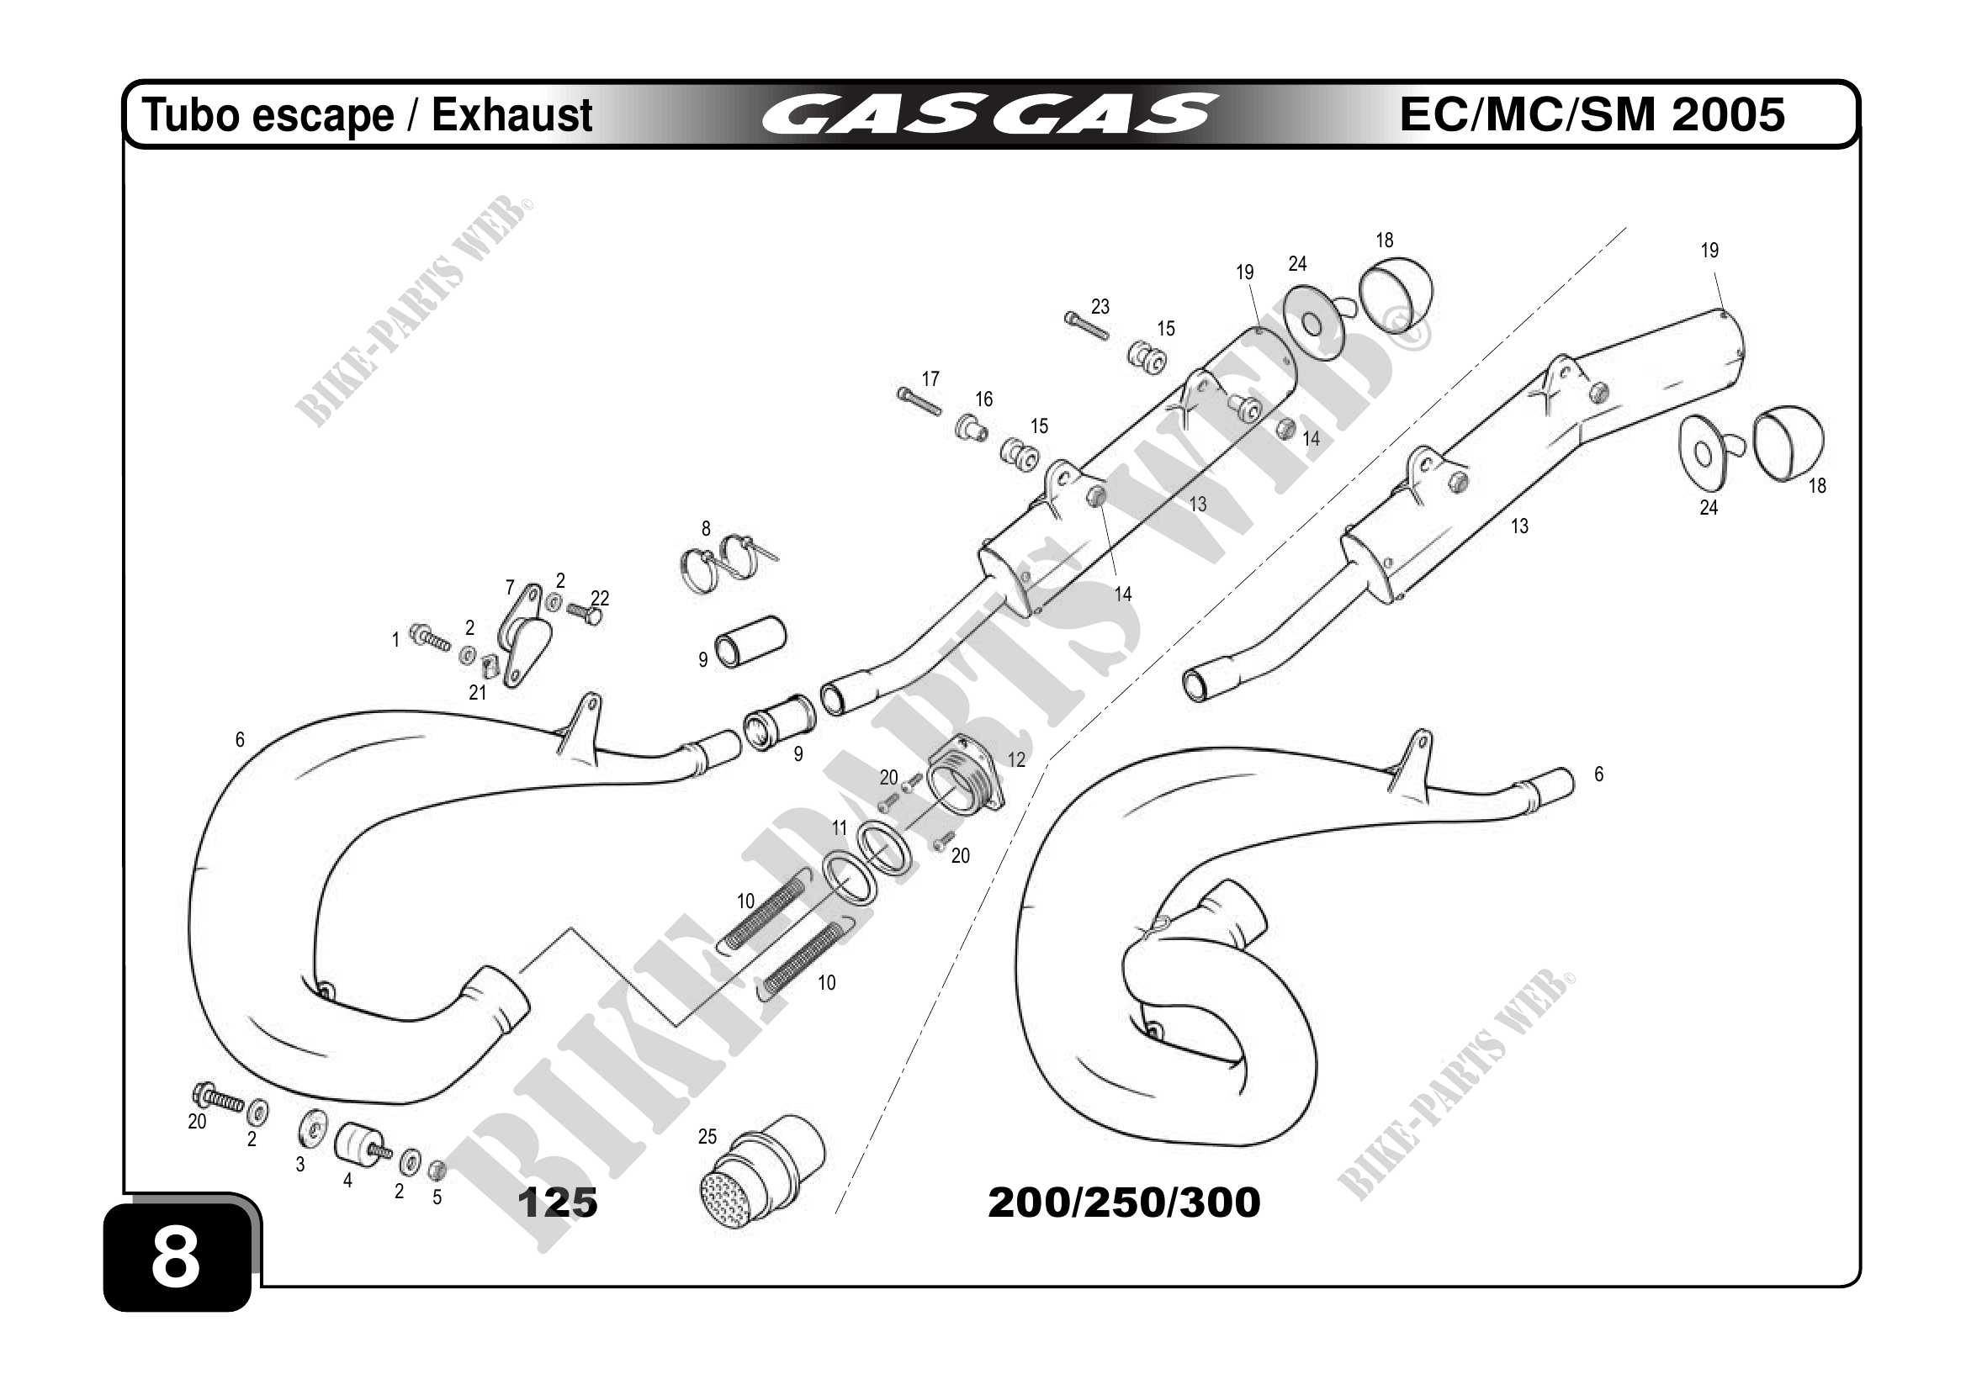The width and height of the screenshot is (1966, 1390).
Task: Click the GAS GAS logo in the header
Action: coord(989,114)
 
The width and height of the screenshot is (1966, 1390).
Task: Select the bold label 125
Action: coord(558,1202)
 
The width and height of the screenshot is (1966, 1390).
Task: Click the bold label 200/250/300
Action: coord(1123,1202)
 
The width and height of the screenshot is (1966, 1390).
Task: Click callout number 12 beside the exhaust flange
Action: coord(1015,759)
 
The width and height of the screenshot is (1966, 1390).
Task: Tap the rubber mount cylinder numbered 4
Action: coord(358,1144)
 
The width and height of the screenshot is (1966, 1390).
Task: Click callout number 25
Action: coord(707,1137)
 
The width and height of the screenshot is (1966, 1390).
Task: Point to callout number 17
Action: coord(930,378)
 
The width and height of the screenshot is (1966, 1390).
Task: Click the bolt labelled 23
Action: coord(1087,326)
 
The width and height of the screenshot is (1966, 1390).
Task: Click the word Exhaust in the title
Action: coord(511,115)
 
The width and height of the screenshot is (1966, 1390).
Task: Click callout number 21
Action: coord(477,692)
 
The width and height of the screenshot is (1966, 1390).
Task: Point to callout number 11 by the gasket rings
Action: coord(840,827)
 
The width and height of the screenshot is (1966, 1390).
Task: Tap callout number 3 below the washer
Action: coord(299,1165)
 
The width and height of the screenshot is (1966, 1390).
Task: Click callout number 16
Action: coord(984,399)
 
